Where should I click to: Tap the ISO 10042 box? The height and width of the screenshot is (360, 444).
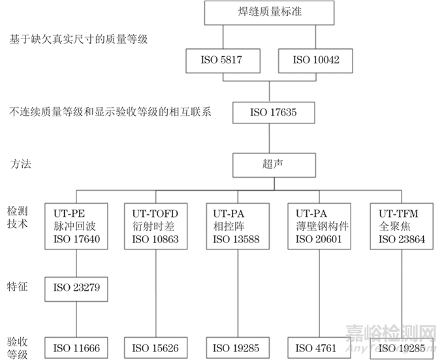click(315, 61)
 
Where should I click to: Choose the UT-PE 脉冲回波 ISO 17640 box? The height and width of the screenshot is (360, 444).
click(76, 225)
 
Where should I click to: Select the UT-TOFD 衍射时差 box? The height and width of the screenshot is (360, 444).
click(155, 225)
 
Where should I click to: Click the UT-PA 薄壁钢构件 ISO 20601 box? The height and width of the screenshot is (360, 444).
click(318, 225)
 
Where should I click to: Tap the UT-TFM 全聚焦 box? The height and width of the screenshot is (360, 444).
click(400, 225)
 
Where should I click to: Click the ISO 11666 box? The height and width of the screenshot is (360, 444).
click(76, 348)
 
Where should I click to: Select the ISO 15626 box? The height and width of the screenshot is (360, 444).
click(155, 348)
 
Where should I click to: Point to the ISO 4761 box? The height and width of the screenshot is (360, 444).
click(318, 348)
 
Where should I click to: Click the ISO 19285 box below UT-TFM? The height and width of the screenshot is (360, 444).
click(400, 348)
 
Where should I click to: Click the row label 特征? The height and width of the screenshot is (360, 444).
click(18, 286)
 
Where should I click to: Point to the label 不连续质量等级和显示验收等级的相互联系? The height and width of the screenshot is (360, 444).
click(111, 112)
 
